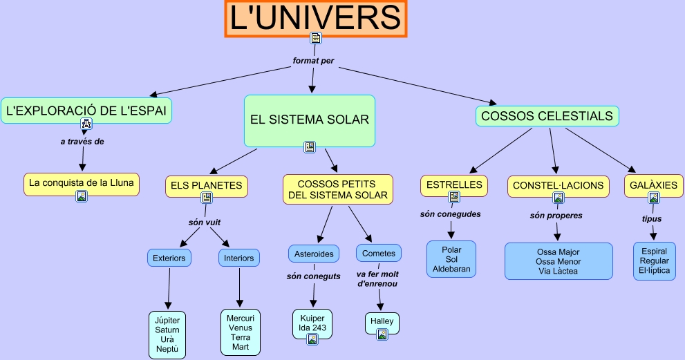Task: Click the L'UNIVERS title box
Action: (x=315, y=19)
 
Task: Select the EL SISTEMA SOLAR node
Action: (x=309, y=121)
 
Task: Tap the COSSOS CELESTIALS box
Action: (x=547, y=116)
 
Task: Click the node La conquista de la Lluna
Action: (x=82, y=184)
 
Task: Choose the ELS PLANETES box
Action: (x=206, y=186)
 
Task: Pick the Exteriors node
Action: (x=169, y=258)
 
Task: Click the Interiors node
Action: (x=239, y=258)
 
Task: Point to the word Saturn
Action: (x=167, y=330)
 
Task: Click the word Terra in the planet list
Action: (x=241, y=337)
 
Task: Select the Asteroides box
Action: (x=314, y=254)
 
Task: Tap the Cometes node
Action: (x=379, y=253)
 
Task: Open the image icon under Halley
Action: (x=382, y=334)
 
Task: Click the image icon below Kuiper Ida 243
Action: (x=312, y=339)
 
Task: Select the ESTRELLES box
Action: (x=454, y=185)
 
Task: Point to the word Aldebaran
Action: (x=451, y=269)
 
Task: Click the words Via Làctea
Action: (x=558, y=272)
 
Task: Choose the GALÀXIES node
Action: (x=653, y=186)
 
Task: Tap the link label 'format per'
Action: (x=313, y=61)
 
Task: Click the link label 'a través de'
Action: (x=82, y=142)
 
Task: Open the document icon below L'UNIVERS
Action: (x=316, y=38)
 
